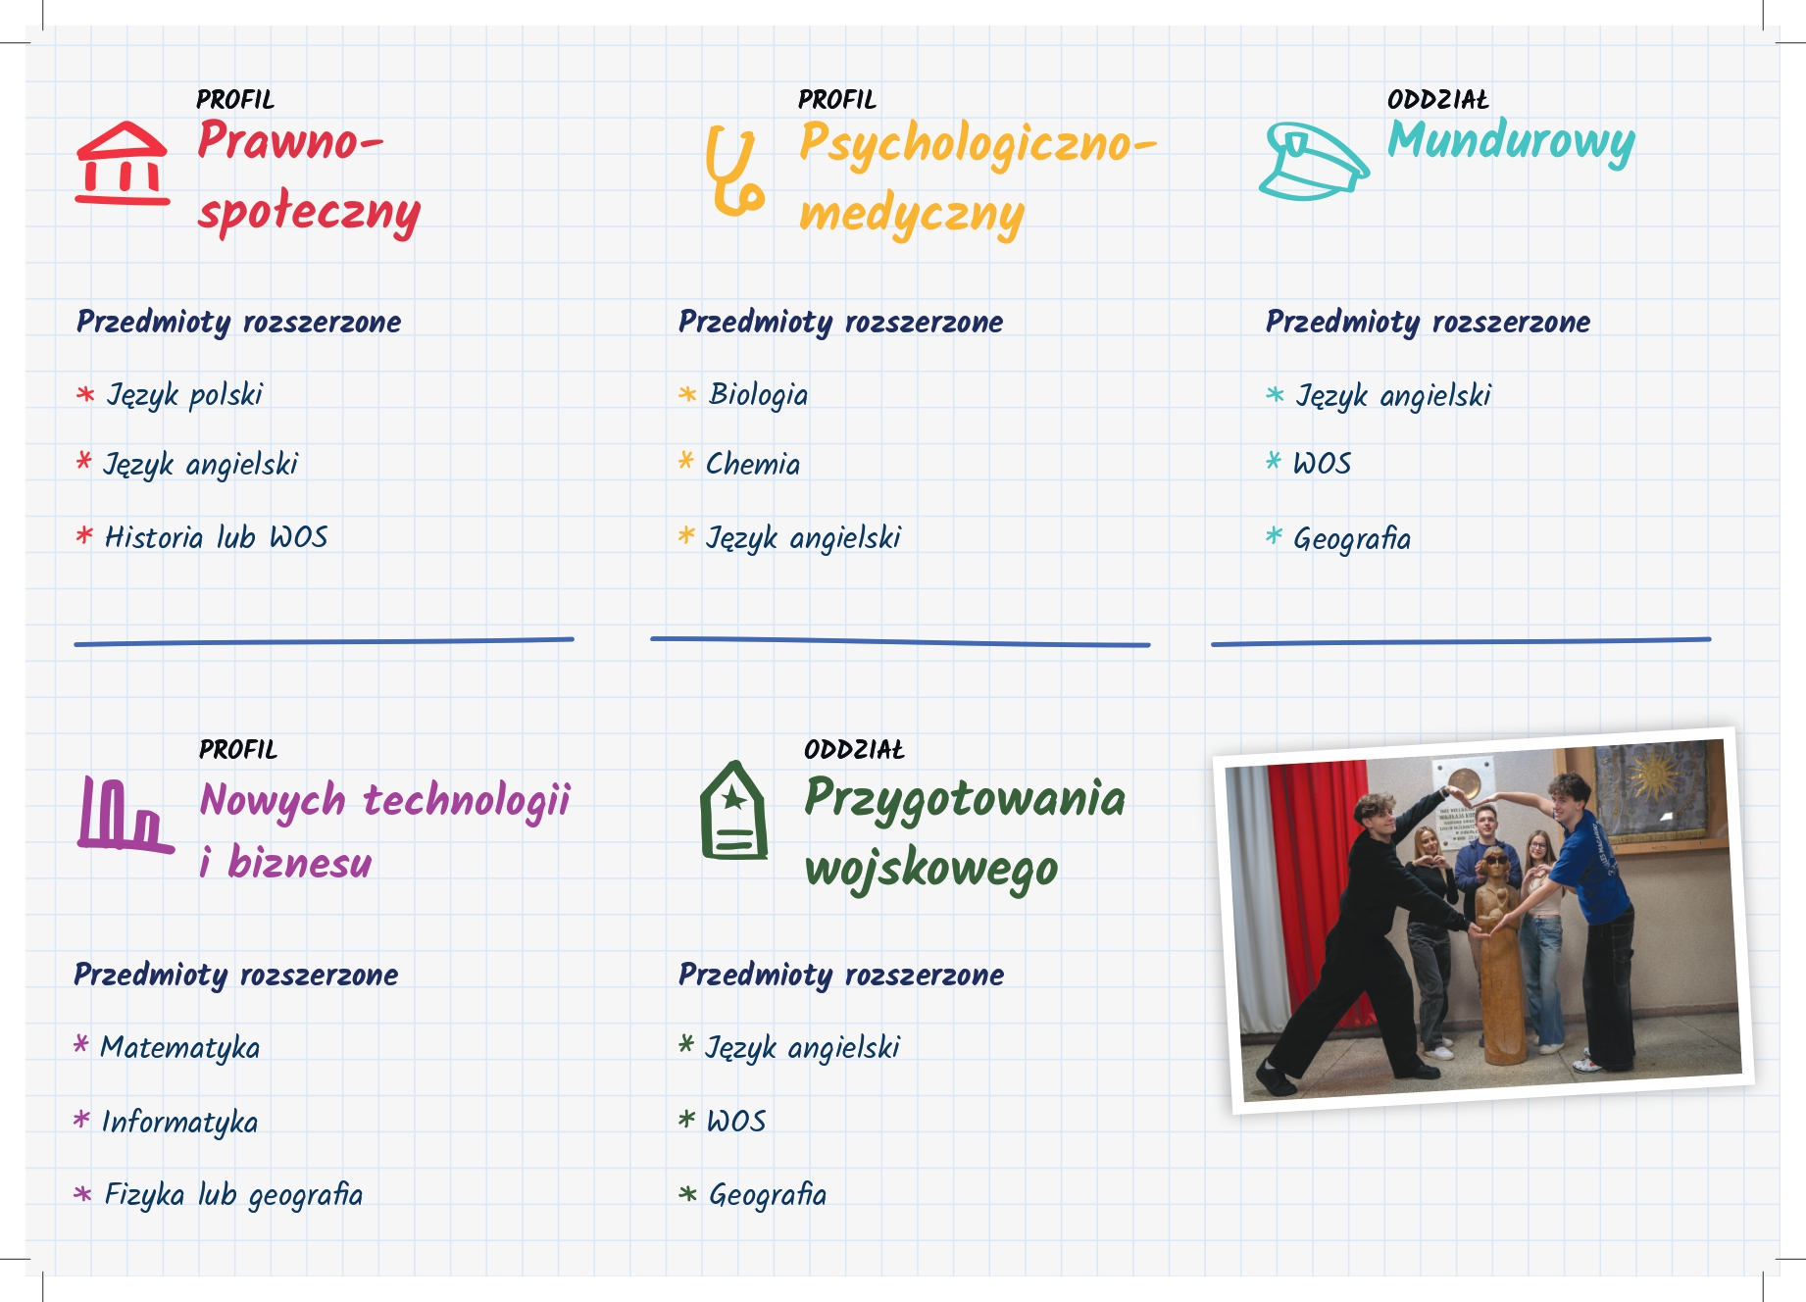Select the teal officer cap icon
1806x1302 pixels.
[1314, 161]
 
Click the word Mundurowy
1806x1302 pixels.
[1511, 142]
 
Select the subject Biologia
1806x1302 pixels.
[758, 395]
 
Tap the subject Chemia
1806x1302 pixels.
[753, 464]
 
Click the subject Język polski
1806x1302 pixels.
[184, 395]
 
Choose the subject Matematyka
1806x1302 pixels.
[180, 1048]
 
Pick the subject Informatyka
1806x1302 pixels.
[179, 1122]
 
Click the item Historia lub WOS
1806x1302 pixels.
[216, 537]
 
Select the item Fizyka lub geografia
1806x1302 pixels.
[233, 1195]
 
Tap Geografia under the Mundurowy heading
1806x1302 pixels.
[1352, 539]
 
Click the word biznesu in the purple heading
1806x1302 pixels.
[300, 863]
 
